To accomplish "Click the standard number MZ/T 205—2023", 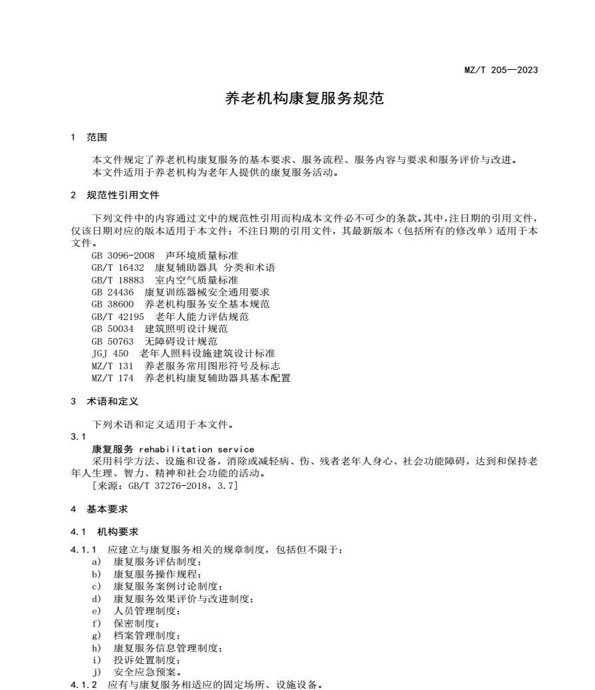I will click(x=501, y=70).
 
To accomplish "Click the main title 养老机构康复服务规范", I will click(x=304, y=99).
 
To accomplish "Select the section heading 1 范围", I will click(x=88, y=138).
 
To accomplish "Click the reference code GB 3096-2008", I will click(x=123, y=256).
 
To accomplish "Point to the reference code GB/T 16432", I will click(x=118, y=267).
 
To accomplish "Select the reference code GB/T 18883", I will click(x=118, y=280).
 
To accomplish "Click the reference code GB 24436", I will click(x=112, y=292).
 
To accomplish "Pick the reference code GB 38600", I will click(x=112, y=304).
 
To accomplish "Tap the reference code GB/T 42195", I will click(x=118, y=317).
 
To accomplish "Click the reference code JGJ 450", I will click(x=110, y=353).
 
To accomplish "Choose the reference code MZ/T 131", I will click(x=112, y=366).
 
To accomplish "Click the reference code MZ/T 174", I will click(x=112, y=378).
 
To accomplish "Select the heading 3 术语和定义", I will click(x=104, y=401).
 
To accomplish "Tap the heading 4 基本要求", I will click(x=99, y=509).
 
